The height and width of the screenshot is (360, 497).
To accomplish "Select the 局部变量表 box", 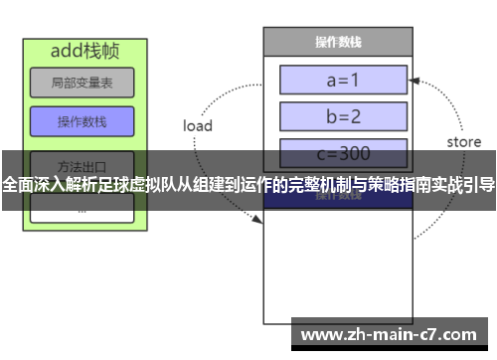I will [x=82, y=82].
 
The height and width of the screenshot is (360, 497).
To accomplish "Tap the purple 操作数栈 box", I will [x=82, y=122].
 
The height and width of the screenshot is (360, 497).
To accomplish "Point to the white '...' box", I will [x=82, y=209].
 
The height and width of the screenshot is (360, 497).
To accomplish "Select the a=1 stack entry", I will [x=343, y=79].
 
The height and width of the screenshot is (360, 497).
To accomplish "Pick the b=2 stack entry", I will [x=343, y=115].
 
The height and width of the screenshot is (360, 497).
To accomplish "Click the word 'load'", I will [x=198, y=126].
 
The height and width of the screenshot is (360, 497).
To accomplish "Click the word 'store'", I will [x=463, y=142].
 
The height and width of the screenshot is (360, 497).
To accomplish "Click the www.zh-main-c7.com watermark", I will [x=394, y=334].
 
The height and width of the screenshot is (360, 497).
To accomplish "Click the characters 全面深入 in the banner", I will [x=31, y=184].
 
